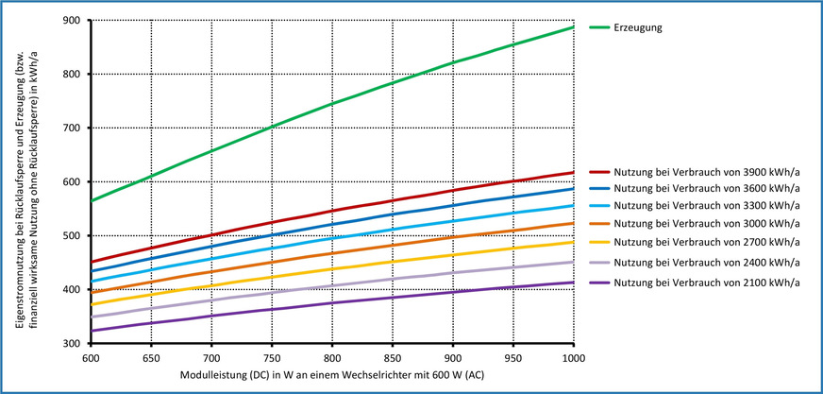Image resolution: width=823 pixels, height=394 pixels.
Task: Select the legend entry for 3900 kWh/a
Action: tap(703, 172)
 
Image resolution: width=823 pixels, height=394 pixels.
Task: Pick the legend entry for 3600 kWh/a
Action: tap(703, 190)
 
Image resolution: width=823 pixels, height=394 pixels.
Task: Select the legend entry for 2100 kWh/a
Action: tap(703, 283)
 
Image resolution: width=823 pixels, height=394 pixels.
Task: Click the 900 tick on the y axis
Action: tap(76, 20)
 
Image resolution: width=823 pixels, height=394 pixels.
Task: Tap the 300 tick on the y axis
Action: tap(76, 343)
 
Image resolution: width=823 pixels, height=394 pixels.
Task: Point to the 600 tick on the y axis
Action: tap(76, 181)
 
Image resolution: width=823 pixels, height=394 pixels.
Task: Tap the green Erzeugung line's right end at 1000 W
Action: tap(574, 26)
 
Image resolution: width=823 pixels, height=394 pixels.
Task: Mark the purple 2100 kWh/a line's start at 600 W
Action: tap(92, 331)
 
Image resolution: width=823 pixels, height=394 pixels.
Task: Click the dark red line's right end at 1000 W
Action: tap(574, 172)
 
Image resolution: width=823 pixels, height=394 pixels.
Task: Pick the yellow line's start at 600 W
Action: tap(92, 304)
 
